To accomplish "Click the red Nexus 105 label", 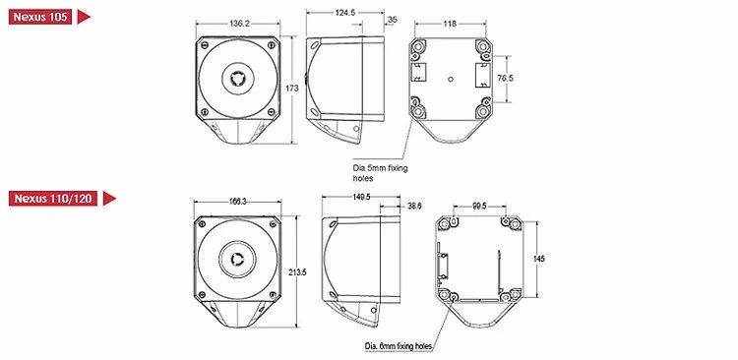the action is pos(40,17).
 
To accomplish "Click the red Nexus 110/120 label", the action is pos(53,198).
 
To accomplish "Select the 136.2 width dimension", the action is pos(239,23).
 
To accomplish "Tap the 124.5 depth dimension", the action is pos(345,13).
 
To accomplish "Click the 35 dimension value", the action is pos(393,20).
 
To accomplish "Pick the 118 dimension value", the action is pos(450,24).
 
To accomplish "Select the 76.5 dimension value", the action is pos(505,79).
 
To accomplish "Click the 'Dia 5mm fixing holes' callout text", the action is pos(380,173).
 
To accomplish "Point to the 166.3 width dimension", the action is pos(238,202).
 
